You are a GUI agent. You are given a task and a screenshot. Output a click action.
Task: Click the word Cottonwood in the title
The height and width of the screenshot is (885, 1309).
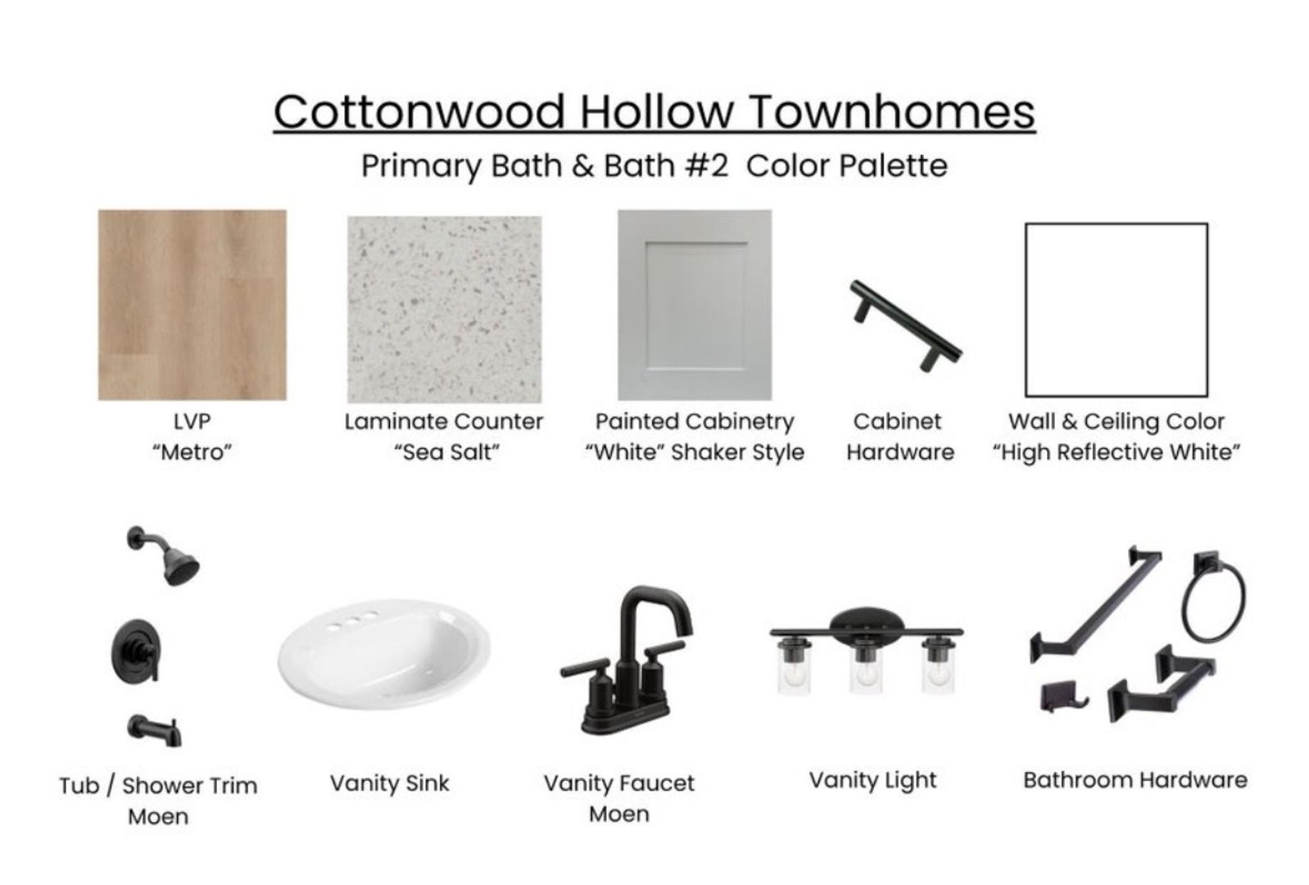[x=419, y=111]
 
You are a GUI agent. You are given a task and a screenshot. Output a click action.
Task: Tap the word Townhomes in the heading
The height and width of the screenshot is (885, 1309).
[x=892, y=111]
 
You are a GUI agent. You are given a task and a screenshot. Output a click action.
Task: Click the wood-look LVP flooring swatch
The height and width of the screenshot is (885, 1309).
[x=192, y=305]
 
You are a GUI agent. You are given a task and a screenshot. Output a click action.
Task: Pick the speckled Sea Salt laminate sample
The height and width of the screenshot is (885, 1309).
[x=444, y=309]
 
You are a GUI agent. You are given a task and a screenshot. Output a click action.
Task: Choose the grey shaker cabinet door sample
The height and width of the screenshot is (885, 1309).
[x=695, y=305]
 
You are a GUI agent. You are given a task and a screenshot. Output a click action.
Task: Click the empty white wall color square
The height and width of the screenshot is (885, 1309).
[x=1116, y=310]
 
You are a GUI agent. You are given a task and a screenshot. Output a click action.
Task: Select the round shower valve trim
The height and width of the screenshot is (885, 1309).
[x=135, y=651]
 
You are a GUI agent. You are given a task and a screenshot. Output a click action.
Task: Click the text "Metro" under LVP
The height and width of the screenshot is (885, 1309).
[x=192, y=452]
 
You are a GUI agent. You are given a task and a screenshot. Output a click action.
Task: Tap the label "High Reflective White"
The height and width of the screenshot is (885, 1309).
[x=1116, y=453]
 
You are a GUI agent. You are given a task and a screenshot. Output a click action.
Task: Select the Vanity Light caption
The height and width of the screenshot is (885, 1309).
[x=873, y=780]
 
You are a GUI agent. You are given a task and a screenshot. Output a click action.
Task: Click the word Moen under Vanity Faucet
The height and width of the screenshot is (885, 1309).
[x=618, y=815]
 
